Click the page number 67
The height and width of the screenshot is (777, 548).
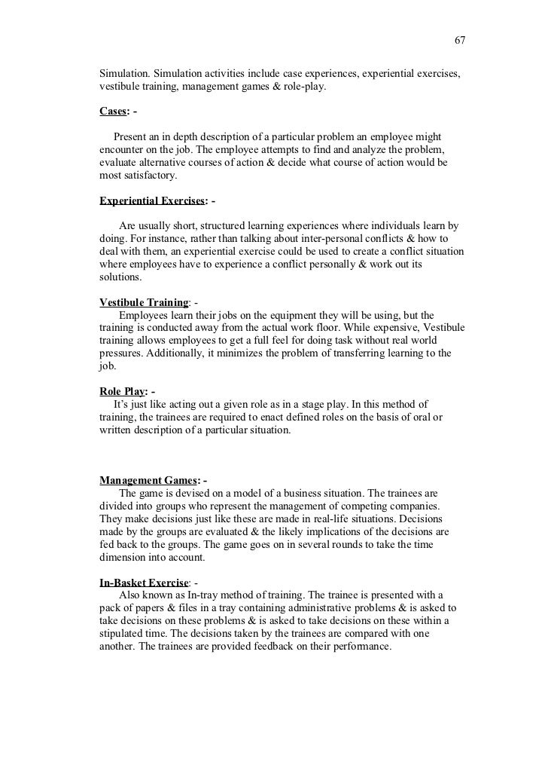(x=460, y=39)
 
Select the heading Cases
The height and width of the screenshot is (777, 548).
(x=114, y=112)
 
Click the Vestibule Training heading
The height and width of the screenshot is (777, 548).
(x=144, y=302)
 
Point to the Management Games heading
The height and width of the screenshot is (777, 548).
(x=148, y=480)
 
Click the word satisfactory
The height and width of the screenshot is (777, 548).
(x=147, y=176)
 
